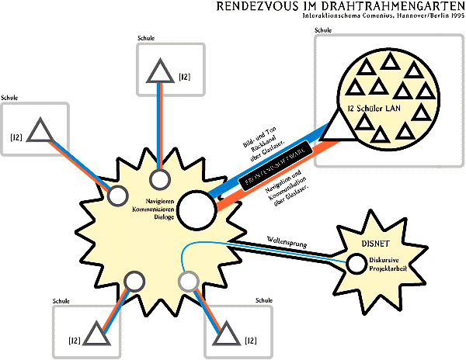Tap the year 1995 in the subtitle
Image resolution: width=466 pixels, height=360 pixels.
point(452,17)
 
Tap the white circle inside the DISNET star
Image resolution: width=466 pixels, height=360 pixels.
point(356,264)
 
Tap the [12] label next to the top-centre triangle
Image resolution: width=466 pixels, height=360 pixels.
point(185,76)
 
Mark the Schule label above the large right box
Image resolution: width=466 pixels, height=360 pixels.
point(322,30)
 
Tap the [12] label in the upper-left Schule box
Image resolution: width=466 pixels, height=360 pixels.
point(16,137)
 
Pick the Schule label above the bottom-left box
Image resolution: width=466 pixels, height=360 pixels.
point(61,299)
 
